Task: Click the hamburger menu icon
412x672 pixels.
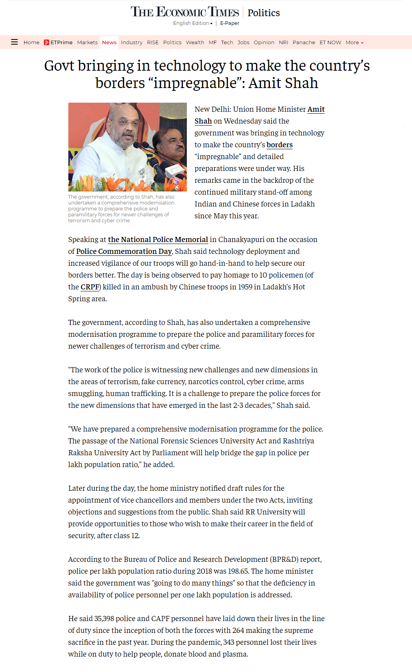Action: [x=14, y=42]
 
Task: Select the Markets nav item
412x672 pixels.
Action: [x=87, y=42]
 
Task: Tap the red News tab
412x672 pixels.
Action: [x=109, y=42]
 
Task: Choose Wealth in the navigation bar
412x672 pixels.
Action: [x=195, y=42]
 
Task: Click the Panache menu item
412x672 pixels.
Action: [x=304, y=42]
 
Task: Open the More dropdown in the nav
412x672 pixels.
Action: [x=354, y=42]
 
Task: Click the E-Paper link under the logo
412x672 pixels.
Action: [x=230, y=23]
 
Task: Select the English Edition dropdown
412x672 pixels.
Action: [x=192, y=23]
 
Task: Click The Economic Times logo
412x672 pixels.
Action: [x=185, y=12]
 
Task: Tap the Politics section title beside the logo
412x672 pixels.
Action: [x=263, y=13]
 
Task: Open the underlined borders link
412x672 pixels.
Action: [x=279, y=145]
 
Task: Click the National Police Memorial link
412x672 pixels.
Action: [x=158, y=240]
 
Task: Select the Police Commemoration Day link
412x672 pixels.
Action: [x=124, y=252]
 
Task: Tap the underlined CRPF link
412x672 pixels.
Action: [x=90, y=287]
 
